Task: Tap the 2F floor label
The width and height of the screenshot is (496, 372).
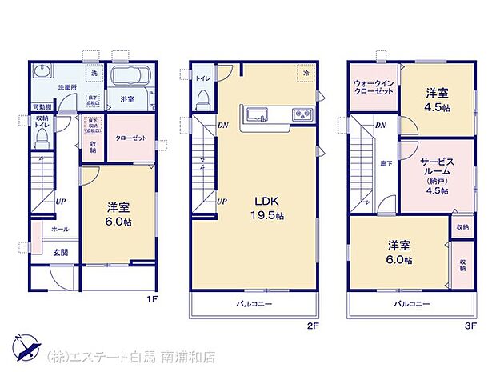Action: click(x=314, y=326)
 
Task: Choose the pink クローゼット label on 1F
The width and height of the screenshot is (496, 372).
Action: click(x=130, y=138)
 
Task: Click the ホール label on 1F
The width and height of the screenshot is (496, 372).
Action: click(x=60, y=229)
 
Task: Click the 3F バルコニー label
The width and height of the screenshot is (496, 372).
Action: click(x=411, y=304)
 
